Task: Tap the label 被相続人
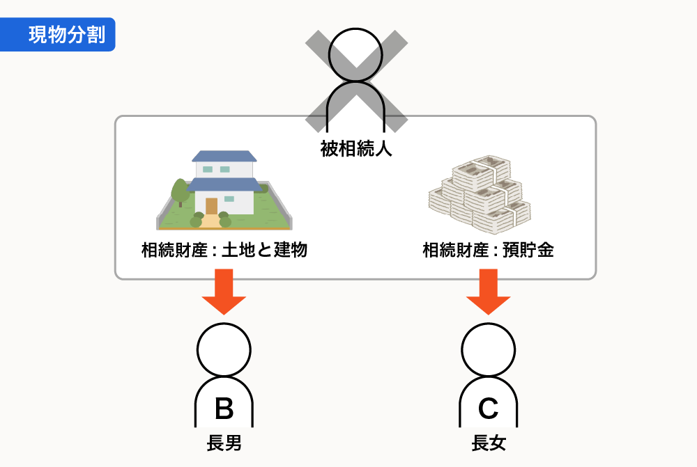click(x=356, y=148)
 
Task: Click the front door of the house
click(x=211, y=206)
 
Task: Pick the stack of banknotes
click(x=479, y=193)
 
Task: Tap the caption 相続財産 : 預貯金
click(x=488, y=251)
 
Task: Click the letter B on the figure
click(x=224, y=409)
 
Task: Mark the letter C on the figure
click(x=489, y=409)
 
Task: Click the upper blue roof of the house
click(x=224, y=155)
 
